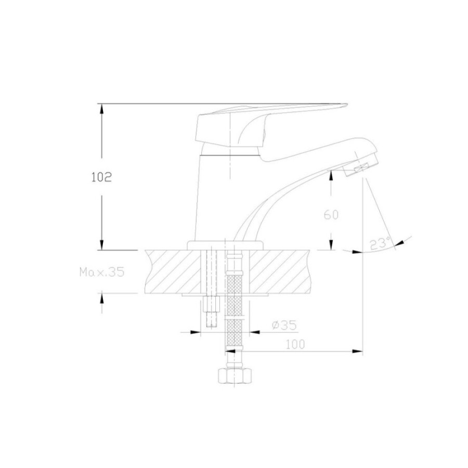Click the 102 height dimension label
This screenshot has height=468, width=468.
pos(101,177)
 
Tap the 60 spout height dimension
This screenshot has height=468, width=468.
pos(331,215)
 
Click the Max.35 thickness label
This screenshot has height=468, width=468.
pos(102,272)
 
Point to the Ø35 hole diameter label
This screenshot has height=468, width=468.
pos(284,325)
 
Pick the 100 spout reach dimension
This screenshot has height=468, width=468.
pos(295,344)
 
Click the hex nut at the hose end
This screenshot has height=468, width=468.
pos(235,376)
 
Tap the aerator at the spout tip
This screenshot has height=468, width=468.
pos(360,168)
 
